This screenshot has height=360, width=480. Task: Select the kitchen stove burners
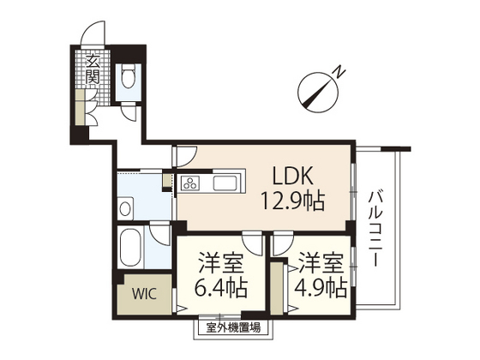coord(189,183)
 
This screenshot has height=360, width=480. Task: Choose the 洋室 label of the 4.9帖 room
coord(321,261)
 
